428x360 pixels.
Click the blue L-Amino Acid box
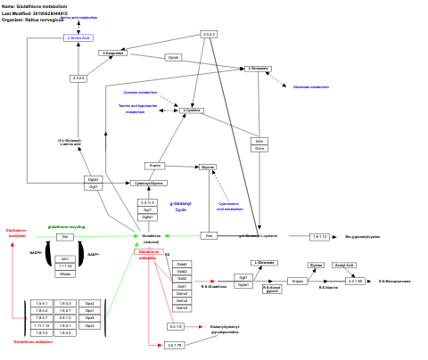[79, 38]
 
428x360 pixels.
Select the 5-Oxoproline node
[112, 53]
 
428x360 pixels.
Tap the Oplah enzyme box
[174, 57]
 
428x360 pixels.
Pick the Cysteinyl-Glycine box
[150, 183]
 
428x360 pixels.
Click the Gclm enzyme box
[259, 148]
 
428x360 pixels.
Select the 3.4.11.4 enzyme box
[147, 203]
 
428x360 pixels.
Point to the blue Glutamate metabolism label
[310, 87]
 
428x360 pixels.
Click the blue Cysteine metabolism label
[140, 93]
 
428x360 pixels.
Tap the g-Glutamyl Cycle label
[180, 206]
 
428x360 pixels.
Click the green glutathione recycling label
[66, 227]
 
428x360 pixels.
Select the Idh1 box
[65, 258]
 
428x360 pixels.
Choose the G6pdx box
[65, 274]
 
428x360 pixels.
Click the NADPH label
[36, 253]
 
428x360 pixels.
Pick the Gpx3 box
[89, 325]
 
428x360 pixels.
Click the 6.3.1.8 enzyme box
[175, 327]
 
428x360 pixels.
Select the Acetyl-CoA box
[345, 266]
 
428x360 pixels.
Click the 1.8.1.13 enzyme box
[320, 237]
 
